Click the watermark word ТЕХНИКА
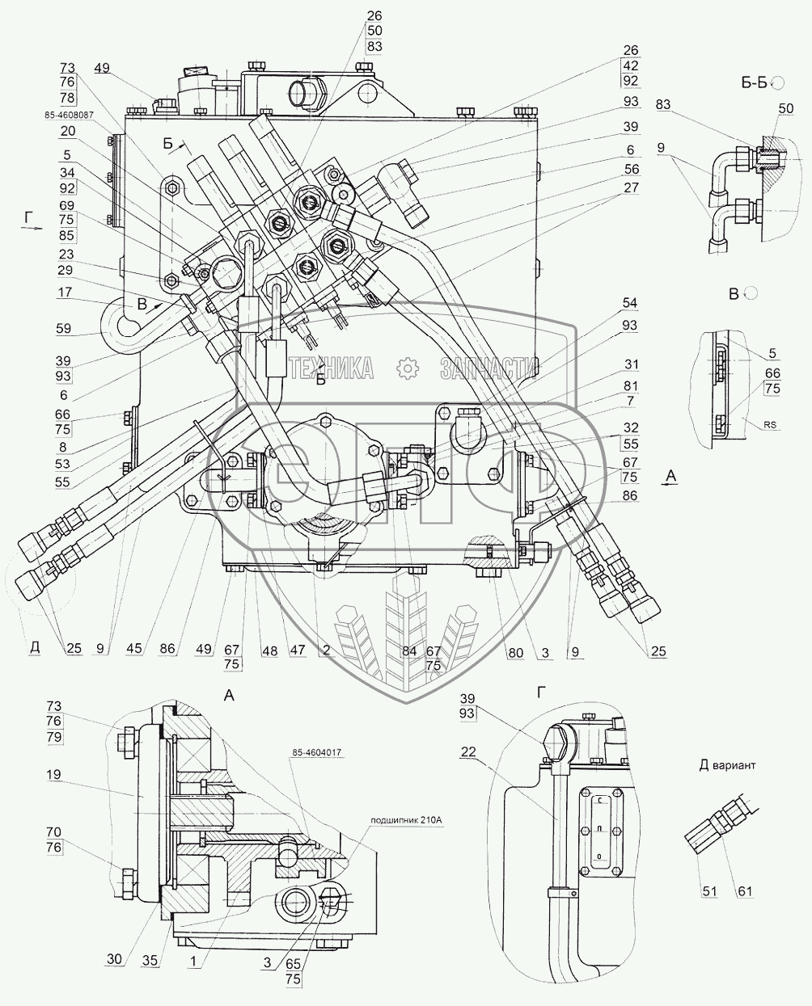331,369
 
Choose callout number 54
630,303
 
